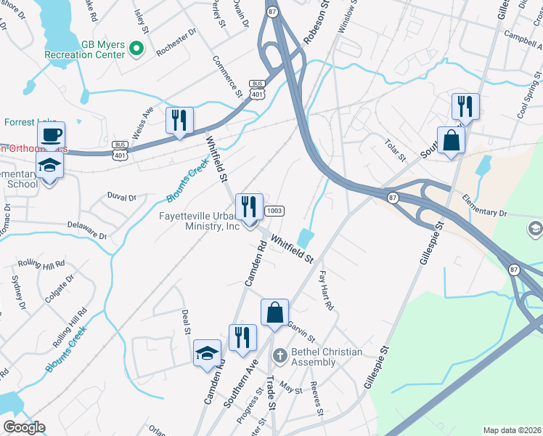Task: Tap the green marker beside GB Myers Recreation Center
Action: click(x=136, y=49)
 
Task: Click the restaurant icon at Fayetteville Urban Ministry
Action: click(x=249, y=207)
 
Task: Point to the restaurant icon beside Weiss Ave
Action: click(x=179, y=120)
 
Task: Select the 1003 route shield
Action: click(x=274, y=211)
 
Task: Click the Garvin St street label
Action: click(x=301, y=332)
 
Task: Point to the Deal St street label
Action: click(x=186, y=320)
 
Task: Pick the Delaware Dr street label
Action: click(x=87, y=230)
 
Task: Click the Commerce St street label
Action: click(x=227, y=77)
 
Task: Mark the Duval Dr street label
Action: click(x=121, y=197)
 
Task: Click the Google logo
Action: click(x=24, y=427)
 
